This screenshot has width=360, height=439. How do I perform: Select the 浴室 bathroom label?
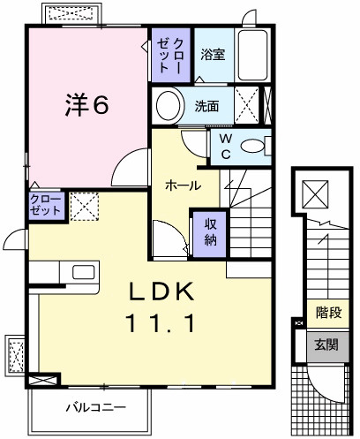(212, 54)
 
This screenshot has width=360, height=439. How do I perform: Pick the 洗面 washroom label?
(208, 106)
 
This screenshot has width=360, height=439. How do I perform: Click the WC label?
(224, 145)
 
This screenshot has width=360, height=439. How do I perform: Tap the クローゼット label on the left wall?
(46, 206)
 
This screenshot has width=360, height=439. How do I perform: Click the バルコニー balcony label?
(95, 408)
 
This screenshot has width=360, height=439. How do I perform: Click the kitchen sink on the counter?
(82, 272)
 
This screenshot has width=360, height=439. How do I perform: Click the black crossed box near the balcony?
(40, 381)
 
